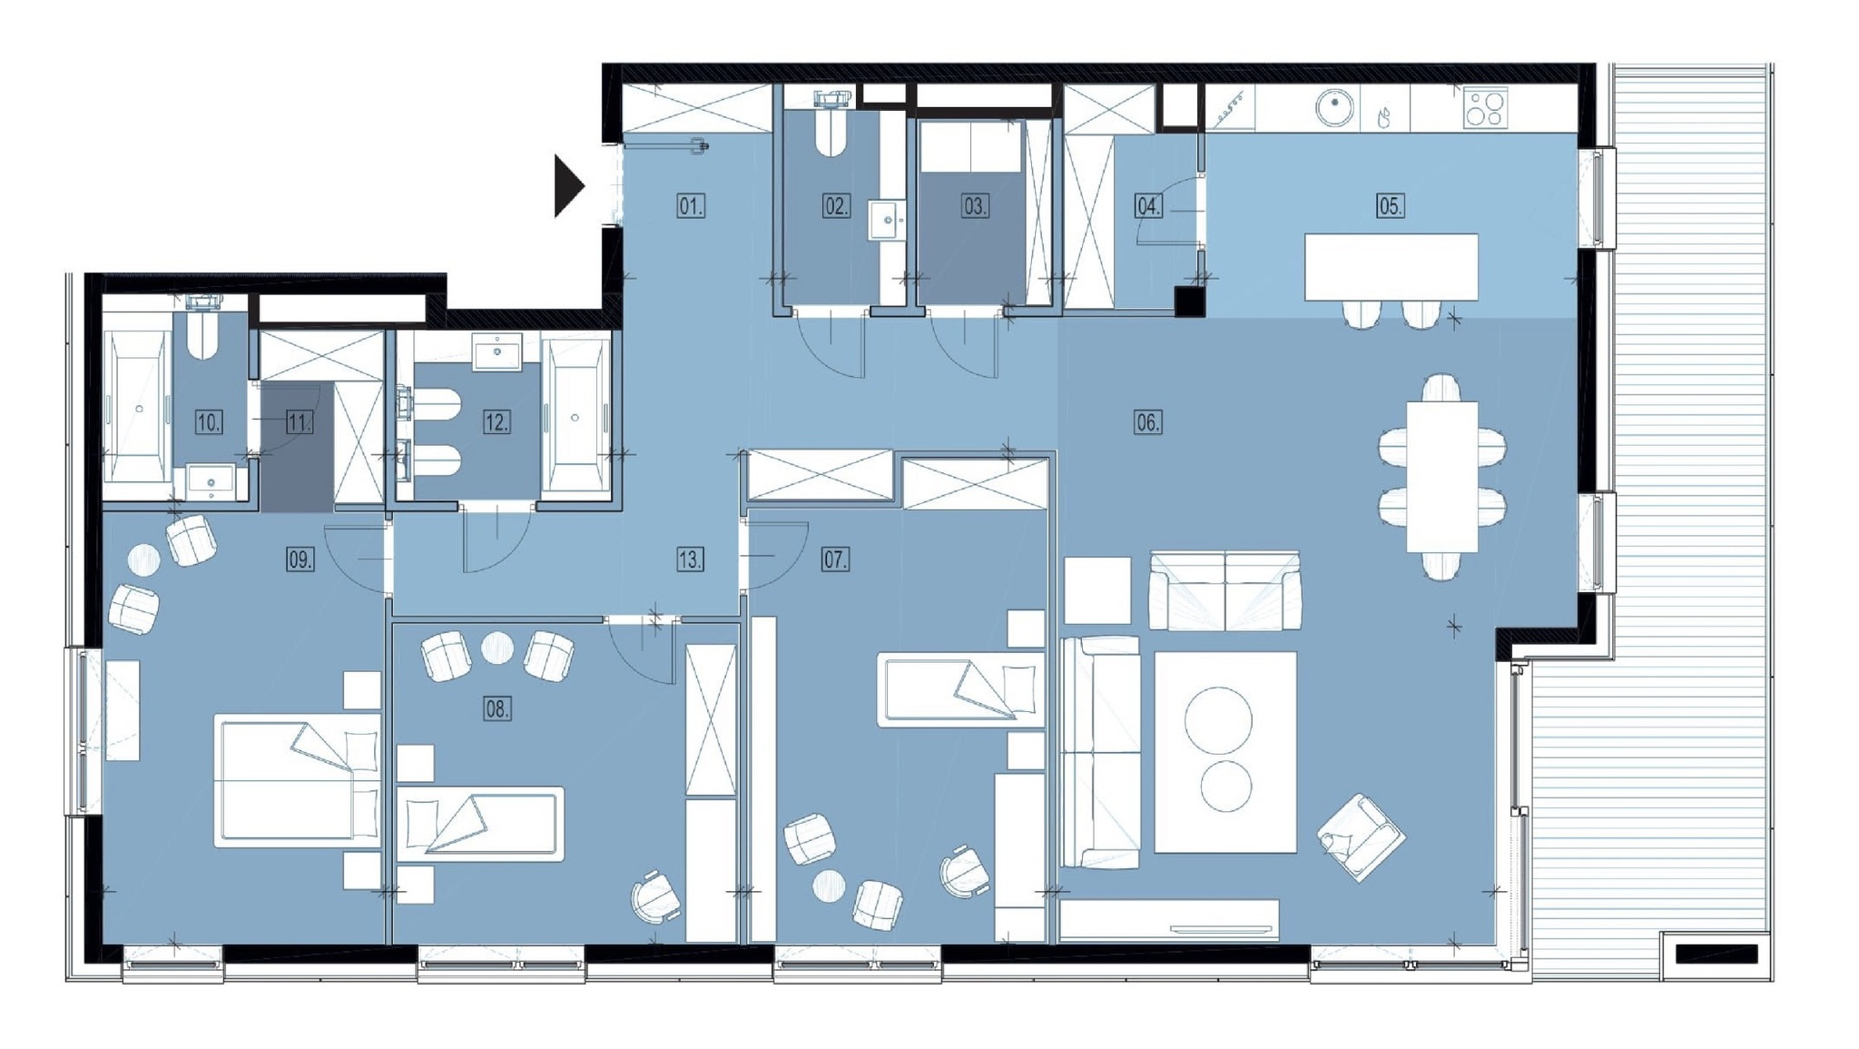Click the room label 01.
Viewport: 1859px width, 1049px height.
691,206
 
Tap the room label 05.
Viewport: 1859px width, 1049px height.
1390,206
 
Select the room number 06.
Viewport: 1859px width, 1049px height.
1147,421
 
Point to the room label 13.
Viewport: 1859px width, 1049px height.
690,559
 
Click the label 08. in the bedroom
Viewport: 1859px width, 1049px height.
497,708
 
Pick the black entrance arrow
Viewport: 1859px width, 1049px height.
568,186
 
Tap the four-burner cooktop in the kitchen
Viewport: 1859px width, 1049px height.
1485,108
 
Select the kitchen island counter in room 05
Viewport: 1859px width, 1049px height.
1391,267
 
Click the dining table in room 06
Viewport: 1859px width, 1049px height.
1441,477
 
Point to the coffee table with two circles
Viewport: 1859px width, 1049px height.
1225,752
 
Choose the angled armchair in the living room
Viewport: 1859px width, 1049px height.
1361,837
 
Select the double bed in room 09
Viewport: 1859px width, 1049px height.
298,781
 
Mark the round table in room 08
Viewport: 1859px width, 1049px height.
497,648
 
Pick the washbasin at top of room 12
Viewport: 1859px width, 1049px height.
497,351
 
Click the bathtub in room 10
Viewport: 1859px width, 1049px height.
138,407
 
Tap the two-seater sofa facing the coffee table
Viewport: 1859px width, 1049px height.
1225,590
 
